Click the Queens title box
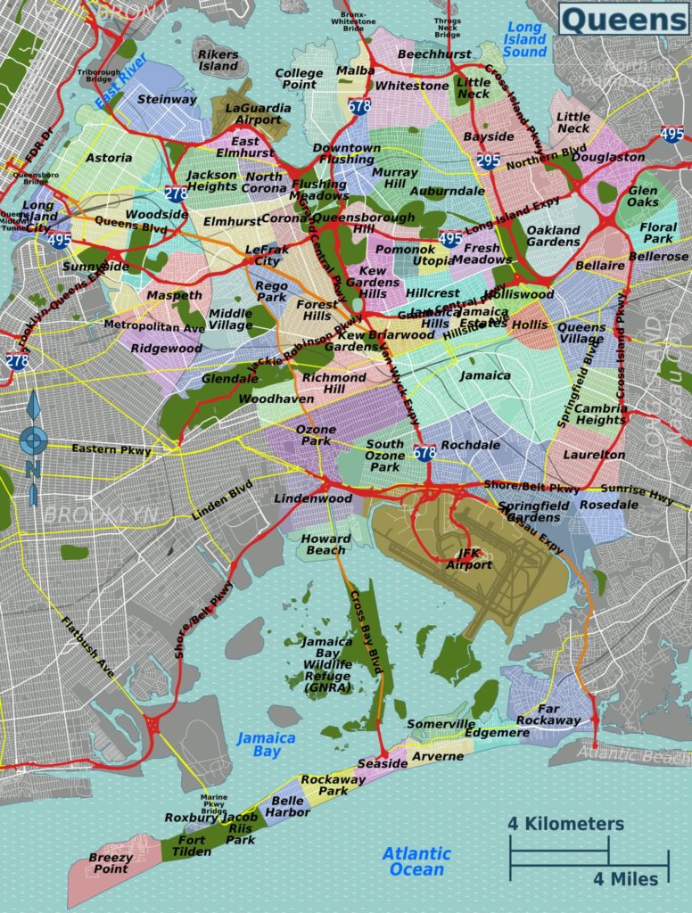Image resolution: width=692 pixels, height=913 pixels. [623, 19]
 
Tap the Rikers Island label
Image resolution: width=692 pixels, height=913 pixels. [218, 60]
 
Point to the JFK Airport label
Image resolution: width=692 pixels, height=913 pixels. [469, 558]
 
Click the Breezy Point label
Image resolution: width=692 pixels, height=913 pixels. [111, 863]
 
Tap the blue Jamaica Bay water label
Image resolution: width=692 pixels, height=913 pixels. [266, 744]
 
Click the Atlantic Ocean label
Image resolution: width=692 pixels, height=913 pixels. [416, 861]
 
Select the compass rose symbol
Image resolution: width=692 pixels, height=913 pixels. [34, 440]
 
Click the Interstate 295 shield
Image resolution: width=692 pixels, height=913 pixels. [488, 161]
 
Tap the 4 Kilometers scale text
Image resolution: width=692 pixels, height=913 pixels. [566, 824]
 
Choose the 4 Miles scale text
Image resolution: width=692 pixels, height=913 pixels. [626, 879]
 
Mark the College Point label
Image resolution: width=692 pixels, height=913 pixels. [299, 79]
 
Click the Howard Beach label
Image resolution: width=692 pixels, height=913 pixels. [325, 545]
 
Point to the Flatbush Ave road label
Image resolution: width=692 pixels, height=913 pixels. [88, 647]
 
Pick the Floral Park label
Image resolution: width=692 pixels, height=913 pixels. [657, 233]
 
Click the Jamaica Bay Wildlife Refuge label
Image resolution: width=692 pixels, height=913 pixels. [327, 665]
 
